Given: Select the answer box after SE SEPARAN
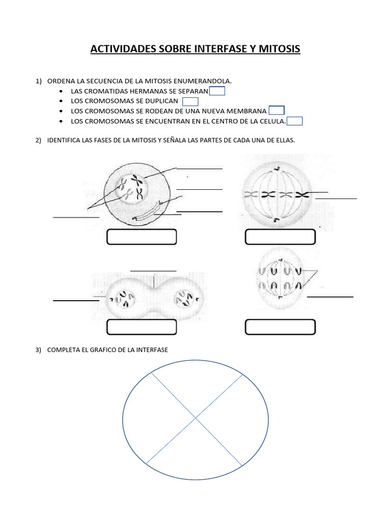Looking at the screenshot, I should (217, 91).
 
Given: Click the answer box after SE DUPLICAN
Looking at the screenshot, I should (190, 101).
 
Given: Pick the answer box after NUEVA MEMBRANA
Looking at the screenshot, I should (276, 110).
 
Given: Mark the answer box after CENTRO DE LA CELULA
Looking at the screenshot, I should (295, 121).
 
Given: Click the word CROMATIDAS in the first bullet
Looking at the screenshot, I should (104, 91).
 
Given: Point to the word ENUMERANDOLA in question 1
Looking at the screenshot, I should (203, 81).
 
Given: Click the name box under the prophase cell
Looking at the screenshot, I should (142, 237).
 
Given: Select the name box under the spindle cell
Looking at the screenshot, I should (281, 237).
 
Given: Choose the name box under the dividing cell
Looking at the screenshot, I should (142, 327).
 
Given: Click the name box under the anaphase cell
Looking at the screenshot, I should (281, 327).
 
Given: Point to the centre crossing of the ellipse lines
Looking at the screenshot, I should (195, 418).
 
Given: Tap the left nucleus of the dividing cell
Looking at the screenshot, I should (124, 299).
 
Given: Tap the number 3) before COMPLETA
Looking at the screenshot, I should (39, 350).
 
